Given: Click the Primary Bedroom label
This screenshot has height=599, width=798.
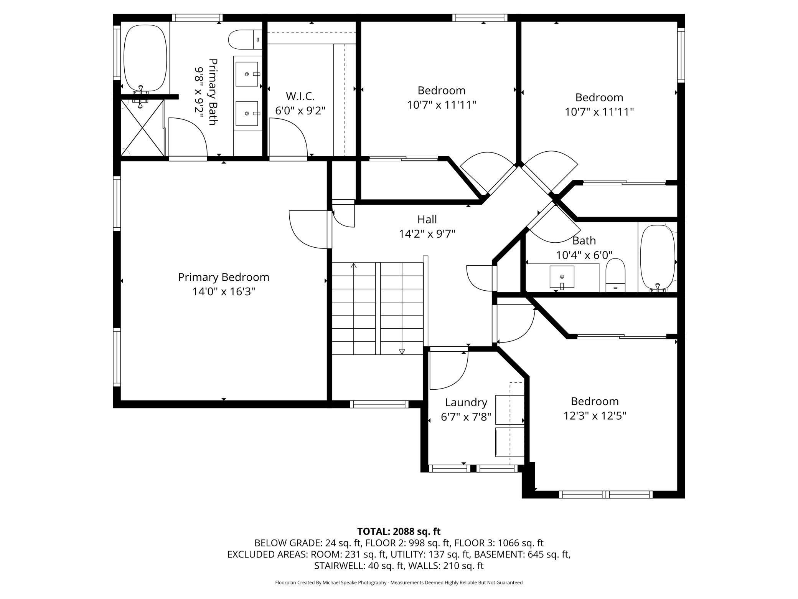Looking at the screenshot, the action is point(224,277).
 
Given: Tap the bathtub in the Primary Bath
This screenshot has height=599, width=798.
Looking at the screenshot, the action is point(145,58).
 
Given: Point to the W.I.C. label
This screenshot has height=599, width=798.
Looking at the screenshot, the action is point(300,96).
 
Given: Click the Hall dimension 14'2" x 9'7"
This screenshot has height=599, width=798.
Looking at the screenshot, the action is point(427,234).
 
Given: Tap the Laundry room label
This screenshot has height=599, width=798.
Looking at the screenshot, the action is point(466,402).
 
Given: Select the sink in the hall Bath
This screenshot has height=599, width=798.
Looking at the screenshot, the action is point(562,276).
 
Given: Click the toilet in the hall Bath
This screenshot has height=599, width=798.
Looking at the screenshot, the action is point(616,275).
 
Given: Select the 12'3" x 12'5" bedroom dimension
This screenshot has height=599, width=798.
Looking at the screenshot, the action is point(595,416).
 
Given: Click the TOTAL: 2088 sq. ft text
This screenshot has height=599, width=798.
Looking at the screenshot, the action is point(399,531).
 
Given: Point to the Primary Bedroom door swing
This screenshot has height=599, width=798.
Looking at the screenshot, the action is point(310,229).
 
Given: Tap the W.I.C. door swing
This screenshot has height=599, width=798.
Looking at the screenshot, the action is point(288,137).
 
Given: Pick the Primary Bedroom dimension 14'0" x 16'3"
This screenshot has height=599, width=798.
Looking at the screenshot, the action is point(224,292).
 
